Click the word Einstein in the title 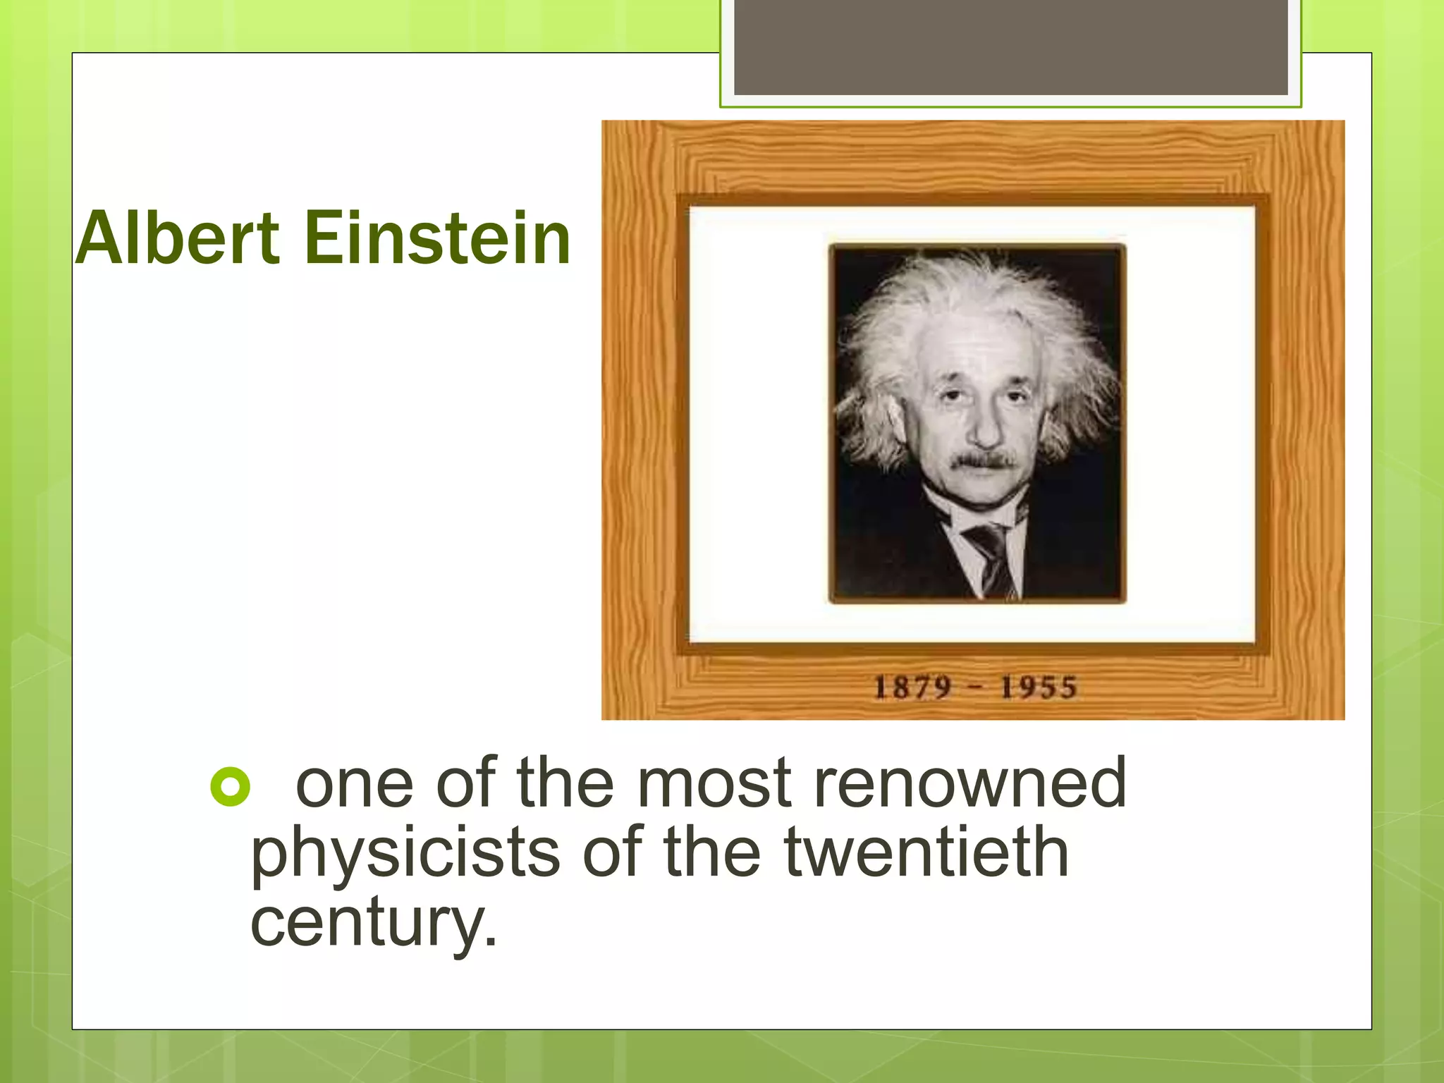click(437, 239)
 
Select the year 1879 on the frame click(912, 687)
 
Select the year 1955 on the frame click(1039, 687)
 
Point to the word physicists click(405, 853)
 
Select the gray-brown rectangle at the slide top click(1010, 48)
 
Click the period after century click(491, 942)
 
